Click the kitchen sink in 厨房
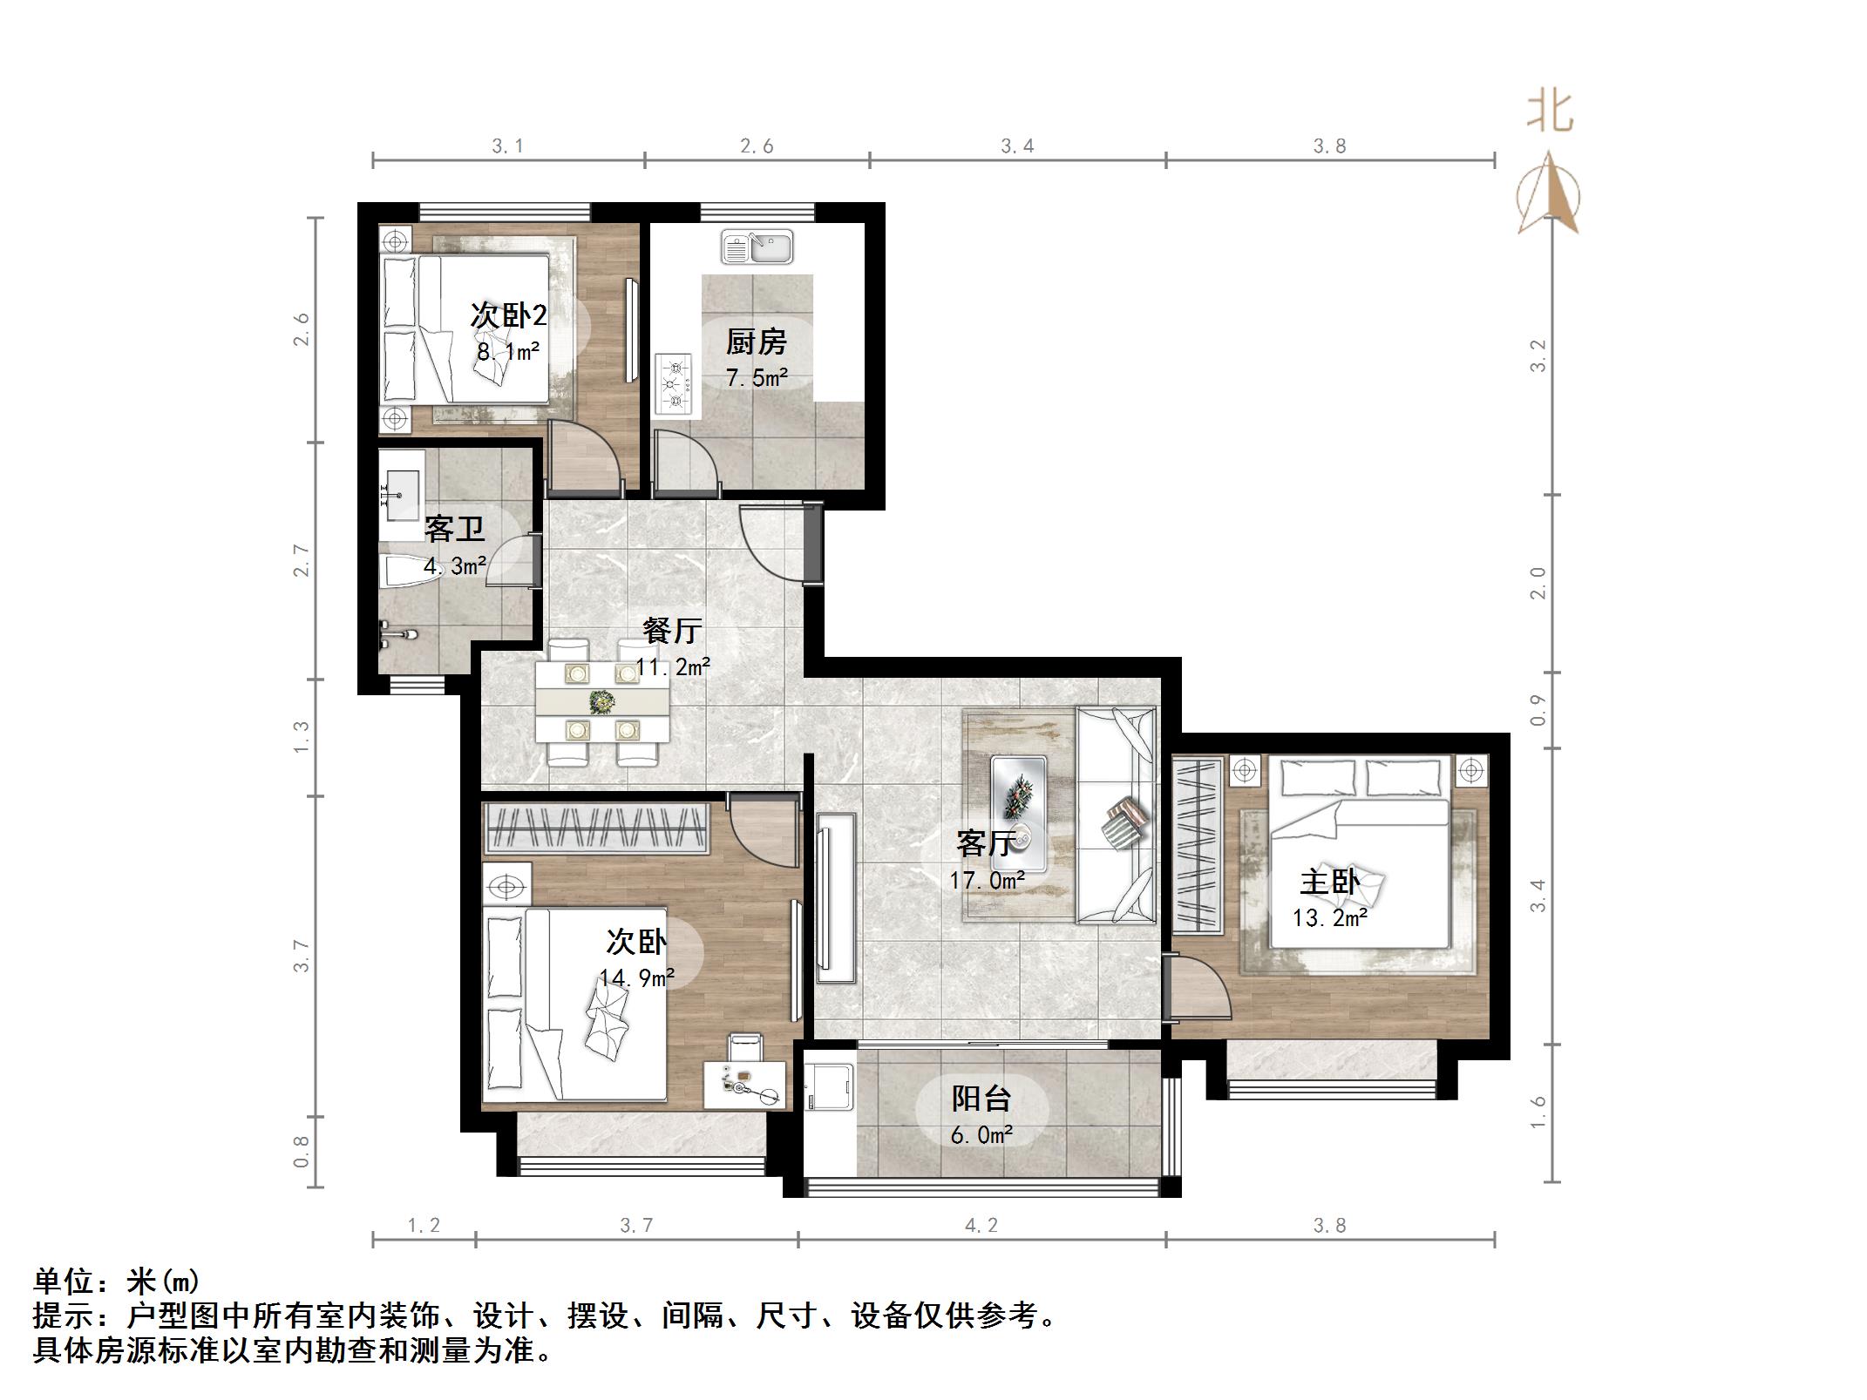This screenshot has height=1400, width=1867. pyautogui.click(x=757, y=247)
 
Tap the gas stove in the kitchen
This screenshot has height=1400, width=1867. pyautogui.click(x=673, y=384)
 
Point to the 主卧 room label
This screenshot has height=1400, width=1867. pyautogui.click(x=1329, y=882)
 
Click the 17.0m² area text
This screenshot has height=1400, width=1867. pyautogui.click(x=987, y=881)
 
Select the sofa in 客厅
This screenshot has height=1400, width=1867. pyautogui.click(x=1116, y=815)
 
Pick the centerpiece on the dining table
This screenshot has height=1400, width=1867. pyautogui.click(x=602, y=701)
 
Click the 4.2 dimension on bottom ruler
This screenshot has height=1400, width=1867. pyautogui.click(x=981, y=1226)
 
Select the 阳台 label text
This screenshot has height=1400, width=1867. pyautogui.click(x=981, y=1099)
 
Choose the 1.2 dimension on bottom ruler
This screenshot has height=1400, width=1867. pyautogui.click(x=424, y=1226)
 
